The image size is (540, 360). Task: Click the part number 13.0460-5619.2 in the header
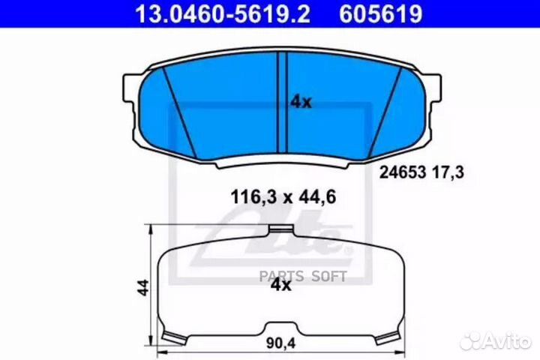223,13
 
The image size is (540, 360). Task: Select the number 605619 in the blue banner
380,13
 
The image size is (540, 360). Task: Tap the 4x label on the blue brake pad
301,102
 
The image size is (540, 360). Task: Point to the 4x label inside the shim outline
281,285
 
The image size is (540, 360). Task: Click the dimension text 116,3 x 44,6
283,197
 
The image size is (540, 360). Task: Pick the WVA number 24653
403,172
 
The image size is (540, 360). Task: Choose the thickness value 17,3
448,172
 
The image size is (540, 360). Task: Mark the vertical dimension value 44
143,287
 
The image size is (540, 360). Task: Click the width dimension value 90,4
280,343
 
